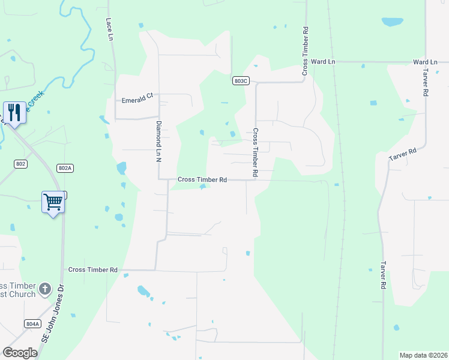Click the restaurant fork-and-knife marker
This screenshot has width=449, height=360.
[x=14, y=112]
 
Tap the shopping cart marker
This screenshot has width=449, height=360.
[x=53, y=202]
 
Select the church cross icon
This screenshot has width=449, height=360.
[x=44, y=290]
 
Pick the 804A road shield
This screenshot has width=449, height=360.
[x=32, y=324]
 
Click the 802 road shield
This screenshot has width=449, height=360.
[x=19, y=163]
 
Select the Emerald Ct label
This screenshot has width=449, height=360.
[x=138, y=100]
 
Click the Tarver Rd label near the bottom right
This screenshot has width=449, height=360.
[x=382, y=274]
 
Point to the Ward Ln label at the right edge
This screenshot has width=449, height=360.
[x=425, y=62]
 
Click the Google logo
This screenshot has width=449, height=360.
[x=20, y=353]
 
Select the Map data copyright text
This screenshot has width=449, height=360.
[x=424, y=355]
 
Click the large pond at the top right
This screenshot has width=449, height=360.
[x=392, y=22]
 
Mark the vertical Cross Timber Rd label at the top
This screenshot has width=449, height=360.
[x=306, y=50]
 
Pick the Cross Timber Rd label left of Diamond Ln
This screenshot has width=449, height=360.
[x=92, y=270]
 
